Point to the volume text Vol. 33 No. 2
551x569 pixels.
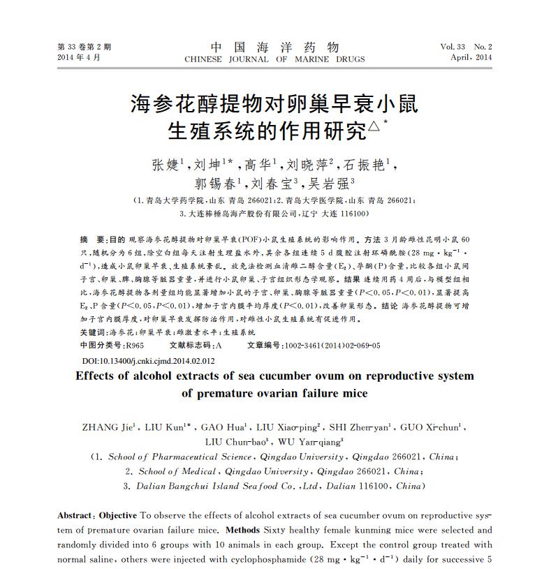[x=466, y=47]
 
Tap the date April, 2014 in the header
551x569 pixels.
[x=471, y=57]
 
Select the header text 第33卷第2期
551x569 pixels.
[x=84, y=47]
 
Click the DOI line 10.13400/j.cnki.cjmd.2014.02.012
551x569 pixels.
[x=149, y=361]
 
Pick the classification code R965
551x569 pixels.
[x=133, y=346]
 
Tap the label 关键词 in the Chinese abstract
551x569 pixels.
[x=94, y=333]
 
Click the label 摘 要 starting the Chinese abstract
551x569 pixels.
[x=94, y=239]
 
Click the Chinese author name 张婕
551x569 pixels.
[x=166, y=165]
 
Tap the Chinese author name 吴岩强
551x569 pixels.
[x=337, y=184]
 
